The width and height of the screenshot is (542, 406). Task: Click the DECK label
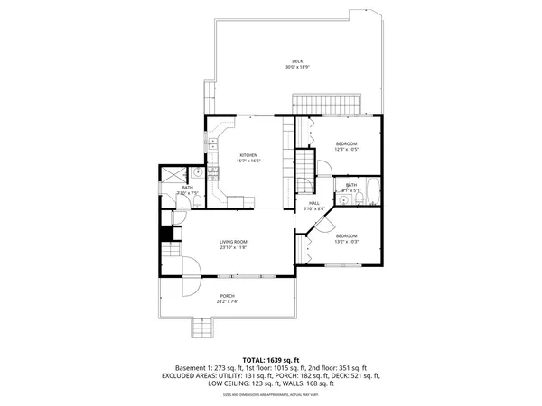coord(297,61)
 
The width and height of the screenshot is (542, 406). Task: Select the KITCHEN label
coord(248,155)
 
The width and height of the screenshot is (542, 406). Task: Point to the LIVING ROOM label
coord(233,242)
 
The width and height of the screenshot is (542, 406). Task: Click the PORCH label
coord(227,296)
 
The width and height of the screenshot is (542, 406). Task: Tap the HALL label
coord(315,203)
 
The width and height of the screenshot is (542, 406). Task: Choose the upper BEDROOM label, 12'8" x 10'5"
coord(348,144)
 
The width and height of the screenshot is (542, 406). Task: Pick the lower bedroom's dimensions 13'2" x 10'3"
coord(348,241)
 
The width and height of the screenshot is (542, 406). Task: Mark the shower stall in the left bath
coord(170,175)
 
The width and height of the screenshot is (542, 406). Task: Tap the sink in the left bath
coord(197,171)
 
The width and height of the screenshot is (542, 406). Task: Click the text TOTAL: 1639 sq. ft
coord(271,360)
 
